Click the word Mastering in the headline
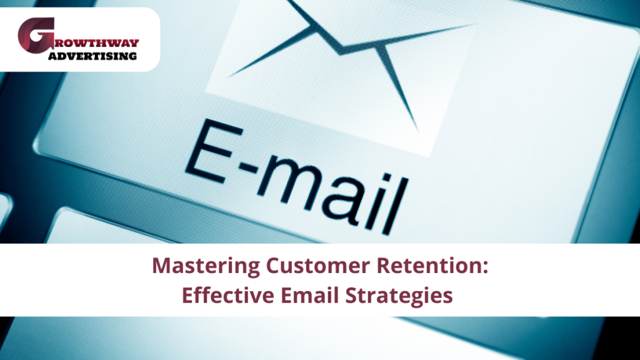click(199, 267)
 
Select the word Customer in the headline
click(293, 267)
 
